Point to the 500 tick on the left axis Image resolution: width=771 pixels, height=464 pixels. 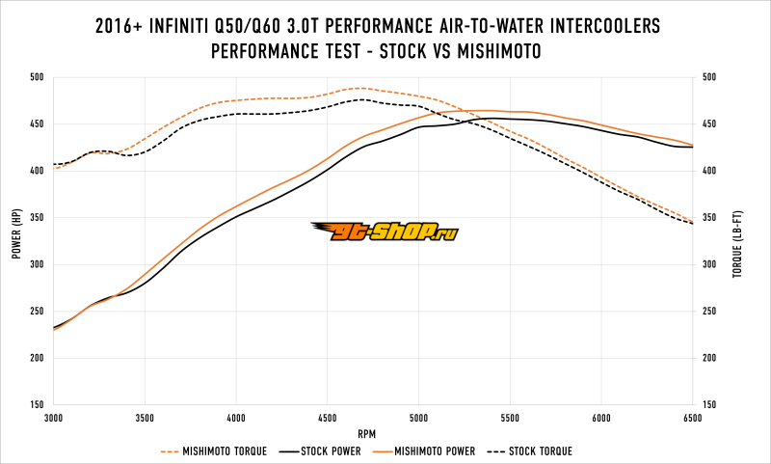tap(37, 77)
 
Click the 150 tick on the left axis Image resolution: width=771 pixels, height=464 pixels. tap(37, 405)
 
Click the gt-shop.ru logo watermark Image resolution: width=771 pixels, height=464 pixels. tap(385, 232)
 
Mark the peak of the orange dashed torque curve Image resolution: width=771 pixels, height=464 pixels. tap(359, 88)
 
